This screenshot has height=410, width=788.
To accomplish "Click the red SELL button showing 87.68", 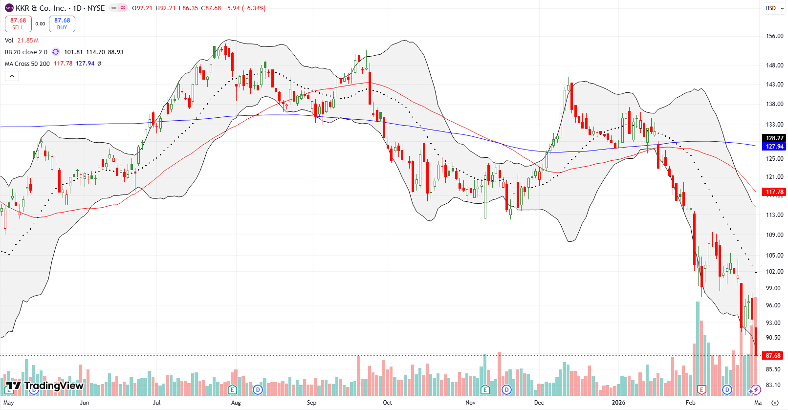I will tap(18, 23).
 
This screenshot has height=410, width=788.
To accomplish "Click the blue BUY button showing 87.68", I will tap(62, 23).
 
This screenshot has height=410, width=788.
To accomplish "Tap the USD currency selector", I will tap(771, 8).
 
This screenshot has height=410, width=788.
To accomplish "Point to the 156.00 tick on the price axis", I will tap(774, 36).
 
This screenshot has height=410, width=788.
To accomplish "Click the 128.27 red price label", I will tap(774, 138).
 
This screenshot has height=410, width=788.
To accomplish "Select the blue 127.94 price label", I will tap(774, 147).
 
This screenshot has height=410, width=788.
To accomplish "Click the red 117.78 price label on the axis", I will tap(774, 192).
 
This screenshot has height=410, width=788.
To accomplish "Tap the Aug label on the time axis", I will tap(236, 403).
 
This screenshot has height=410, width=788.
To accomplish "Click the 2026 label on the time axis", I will tap(618, 403).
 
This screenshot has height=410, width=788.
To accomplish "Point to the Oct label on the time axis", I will tap(387, 403).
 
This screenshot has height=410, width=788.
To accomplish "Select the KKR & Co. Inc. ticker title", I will tap(60, 8).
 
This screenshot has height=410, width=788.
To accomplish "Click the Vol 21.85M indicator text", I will tap(22, 41).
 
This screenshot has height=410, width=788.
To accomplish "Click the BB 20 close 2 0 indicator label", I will tap(26, 52).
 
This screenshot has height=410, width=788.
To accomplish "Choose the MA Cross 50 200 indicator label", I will tap(27, 64).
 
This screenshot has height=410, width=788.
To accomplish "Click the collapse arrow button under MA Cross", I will tap(12, 76).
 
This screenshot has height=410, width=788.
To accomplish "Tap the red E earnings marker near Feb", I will tap(701, 389).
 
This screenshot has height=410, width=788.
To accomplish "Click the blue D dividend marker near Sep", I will tap(258, 389).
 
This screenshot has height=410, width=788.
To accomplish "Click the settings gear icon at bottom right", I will tap(775, 403).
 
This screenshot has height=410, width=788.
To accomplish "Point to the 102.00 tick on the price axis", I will tap(774, 272).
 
